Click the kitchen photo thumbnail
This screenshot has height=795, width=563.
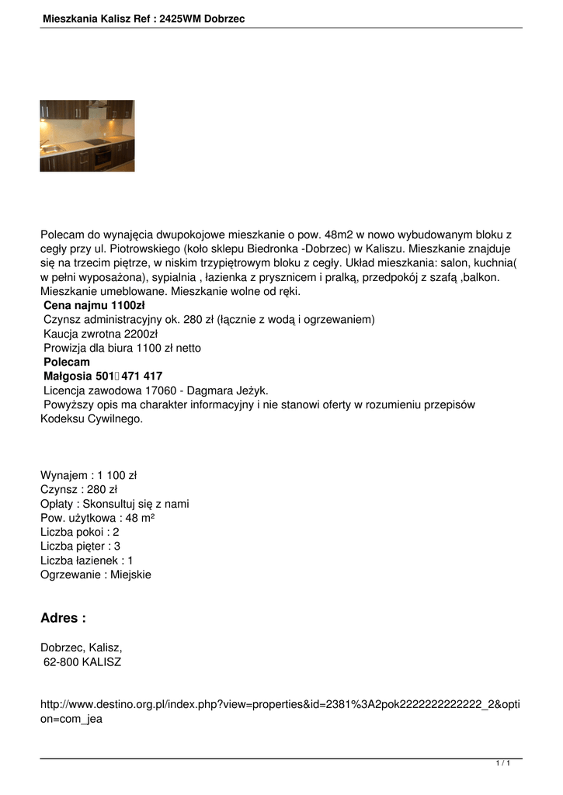(x=87, y=136)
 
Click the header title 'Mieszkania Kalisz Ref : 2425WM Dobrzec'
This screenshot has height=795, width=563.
(x=144, y=18)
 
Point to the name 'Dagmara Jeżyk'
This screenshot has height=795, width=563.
(x=231, y=391)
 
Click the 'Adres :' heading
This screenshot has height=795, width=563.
(x=63, y=618)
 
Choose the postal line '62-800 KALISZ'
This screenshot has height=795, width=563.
(x=82, y=662)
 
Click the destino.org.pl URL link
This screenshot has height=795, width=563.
(x=280, y=711)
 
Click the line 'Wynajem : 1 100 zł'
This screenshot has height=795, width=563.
(x=89, y=475)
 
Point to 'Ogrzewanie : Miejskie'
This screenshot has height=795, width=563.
(x=96, y=575)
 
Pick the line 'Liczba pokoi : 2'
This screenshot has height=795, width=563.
(x=79, y=533)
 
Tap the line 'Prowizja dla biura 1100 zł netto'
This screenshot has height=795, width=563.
(x=122, y=348)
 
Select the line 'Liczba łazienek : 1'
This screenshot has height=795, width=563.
(x=87, y=561)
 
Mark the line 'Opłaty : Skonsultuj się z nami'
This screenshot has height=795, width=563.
(x=114, y=504)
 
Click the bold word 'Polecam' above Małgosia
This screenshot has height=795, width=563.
(x=67, y=363)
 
